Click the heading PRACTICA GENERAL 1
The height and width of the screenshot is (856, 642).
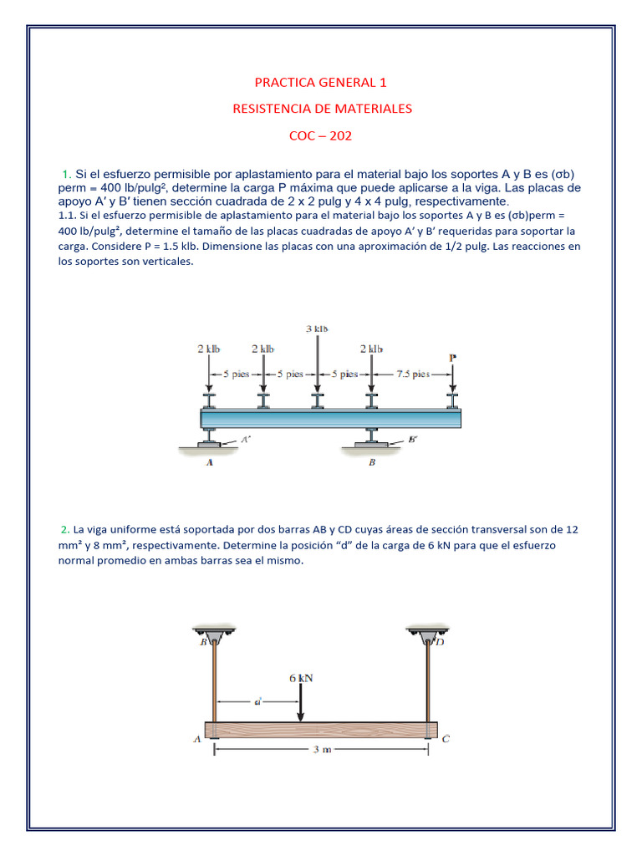click(321, 83)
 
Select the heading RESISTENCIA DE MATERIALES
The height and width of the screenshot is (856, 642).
click(321, 109)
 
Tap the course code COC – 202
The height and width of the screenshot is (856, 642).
click(321, 135)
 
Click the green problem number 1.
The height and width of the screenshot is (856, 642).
click(65, 174)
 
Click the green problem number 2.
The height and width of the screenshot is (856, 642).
click(64, 529)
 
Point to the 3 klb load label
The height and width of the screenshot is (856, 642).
click(317, 329)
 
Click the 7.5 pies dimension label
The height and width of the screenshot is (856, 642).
click(411, 374)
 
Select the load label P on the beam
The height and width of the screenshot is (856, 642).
click(452, 358)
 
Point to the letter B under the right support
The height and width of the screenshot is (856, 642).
click(372, 466)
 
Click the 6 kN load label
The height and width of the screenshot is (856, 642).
click(301, 678)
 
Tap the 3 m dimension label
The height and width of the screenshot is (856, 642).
click(322, 750)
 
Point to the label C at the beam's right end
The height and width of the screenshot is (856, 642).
click(446, 738)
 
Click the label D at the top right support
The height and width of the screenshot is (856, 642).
click(440, 642)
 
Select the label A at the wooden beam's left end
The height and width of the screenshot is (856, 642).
click(196, 738)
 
